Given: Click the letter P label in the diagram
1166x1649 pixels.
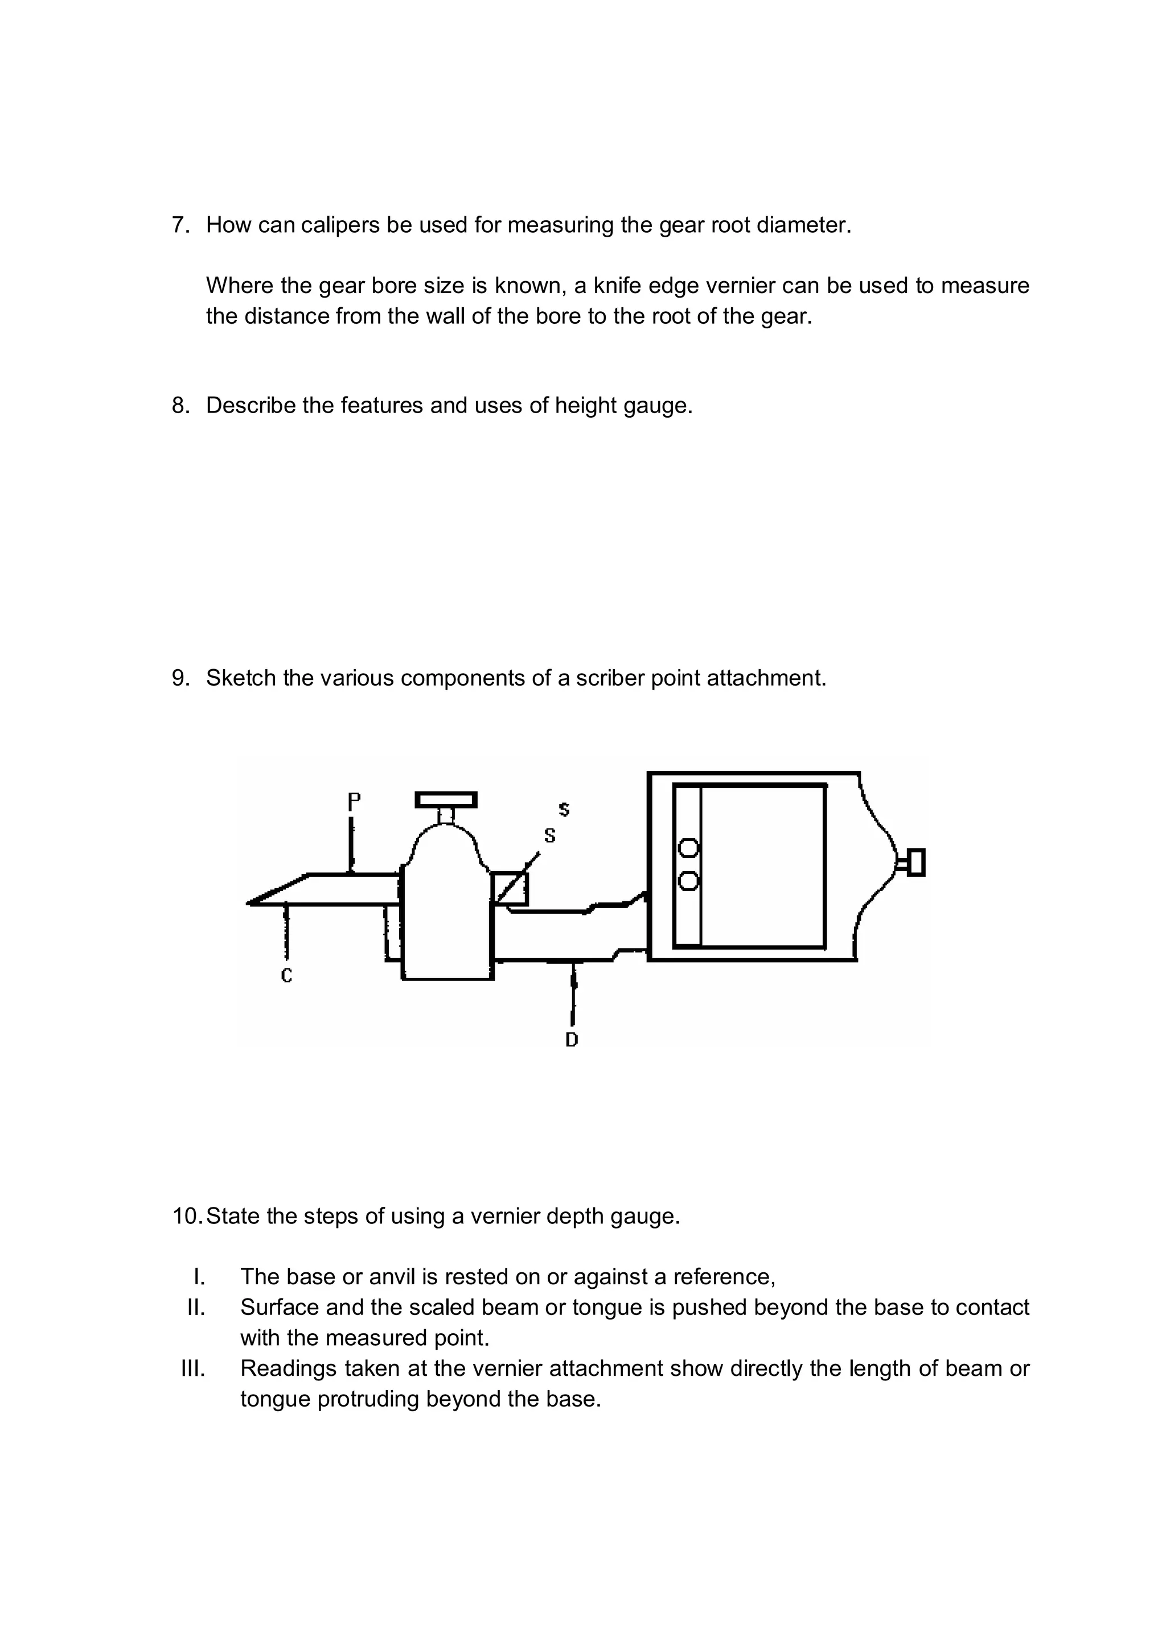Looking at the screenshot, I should coord(354,802).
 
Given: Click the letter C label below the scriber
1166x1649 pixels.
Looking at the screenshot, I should coord(286,975).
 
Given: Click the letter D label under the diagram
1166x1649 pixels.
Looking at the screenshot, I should coord(572,1039).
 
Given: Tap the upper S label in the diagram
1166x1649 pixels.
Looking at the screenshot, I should coord(564,809).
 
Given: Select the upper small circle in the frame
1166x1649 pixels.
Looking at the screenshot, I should coord(688,849).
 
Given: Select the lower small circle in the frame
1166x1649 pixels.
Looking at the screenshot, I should coord(688,880).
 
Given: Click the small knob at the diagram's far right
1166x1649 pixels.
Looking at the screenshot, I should coord(915,863).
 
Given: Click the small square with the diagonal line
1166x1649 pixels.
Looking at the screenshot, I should coord(510,888).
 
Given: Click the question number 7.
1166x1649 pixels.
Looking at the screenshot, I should coord(180,225).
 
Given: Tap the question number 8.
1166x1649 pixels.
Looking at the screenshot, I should coord(180,406).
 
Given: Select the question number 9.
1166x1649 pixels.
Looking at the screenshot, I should coord(180,678).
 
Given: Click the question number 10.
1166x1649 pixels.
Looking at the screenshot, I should coord(187,1216).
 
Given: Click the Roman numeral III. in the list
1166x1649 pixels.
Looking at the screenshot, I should coord(193,1368).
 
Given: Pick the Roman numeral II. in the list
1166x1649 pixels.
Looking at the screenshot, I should coord(196,1307).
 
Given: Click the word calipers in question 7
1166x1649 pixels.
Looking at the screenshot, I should coord(340,225).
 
